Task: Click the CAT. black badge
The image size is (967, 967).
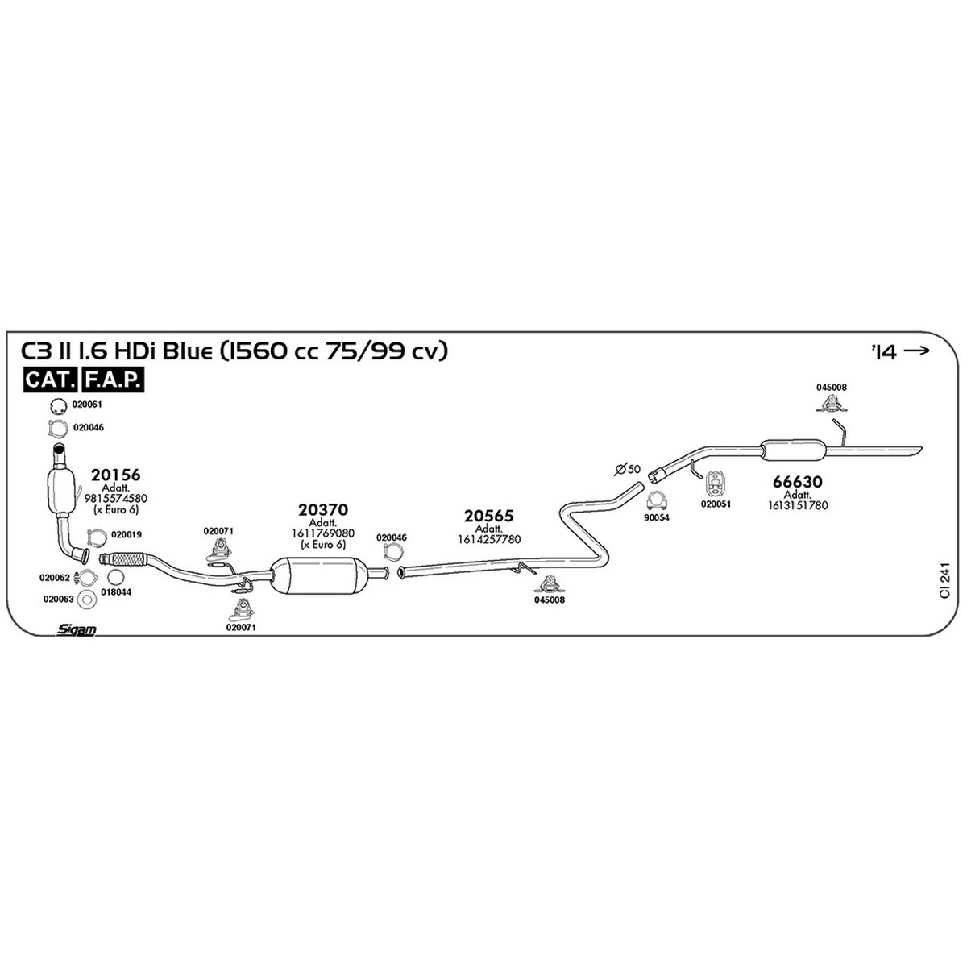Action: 50,380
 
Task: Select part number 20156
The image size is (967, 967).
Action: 115,475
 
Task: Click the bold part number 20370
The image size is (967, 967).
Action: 322,510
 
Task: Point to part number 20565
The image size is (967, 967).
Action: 489,516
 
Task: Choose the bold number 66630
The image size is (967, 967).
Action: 798,482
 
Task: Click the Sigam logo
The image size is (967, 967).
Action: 77,629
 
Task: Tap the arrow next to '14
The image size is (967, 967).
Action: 916,351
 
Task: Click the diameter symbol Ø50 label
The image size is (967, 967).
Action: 628,469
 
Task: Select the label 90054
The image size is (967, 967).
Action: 657,517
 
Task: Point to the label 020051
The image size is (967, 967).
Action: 716,504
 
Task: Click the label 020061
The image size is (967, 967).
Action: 87,405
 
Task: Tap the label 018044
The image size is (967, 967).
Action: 116,592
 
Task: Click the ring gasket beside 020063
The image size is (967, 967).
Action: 89,600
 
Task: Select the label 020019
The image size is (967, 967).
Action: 126,534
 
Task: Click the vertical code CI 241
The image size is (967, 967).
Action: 945,579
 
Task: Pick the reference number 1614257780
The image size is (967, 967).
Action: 489,539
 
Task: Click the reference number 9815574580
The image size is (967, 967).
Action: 115,498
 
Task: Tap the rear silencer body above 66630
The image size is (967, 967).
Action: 793,449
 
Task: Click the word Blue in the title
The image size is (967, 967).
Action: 189,351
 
